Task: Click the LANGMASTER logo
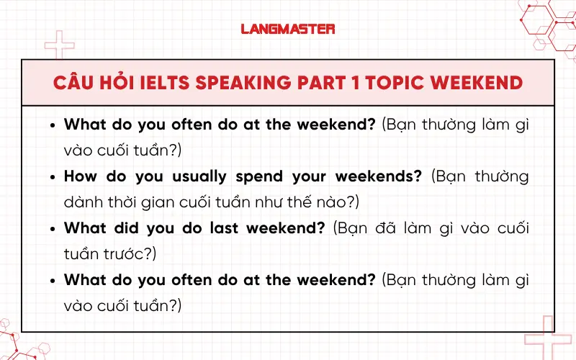(288, 29)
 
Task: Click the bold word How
(82, 176)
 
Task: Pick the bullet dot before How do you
(53, 177)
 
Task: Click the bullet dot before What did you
(53, 229)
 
